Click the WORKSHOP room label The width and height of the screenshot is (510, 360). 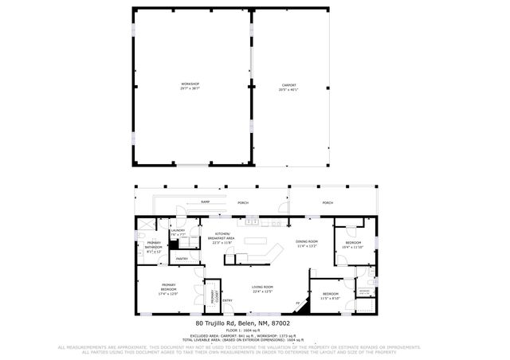pyautogui.click(x=190, y=84)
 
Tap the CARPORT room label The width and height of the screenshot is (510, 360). pyautogui.click(x=289, y=84)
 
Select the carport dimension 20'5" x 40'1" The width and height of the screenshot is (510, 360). pyautogui.click(x=289, y=89)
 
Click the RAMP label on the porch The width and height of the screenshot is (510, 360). pyautogui.click(x=205, y=203)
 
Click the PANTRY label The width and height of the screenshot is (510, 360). pyautogui.click(x=181, y=258)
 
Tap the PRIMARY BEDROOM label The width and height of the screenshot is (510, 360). pyautogui.click(x=168, y=286)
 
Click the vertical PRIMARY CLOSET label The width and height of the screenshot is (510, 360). pyautogui.click(x=213, y=295)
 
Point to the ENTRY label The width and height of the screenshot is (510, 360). pyautogui.click(x=228, y=300)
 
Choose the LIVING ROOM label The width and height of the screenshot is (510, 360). pyautogui.click(x=262, y=287)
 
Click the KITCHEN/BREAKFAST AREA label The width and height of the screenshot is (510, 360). pyautogui.click(x=221, y=236)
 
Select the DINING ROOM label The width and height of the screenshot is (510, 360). pyautogui.click(x=307, y=241)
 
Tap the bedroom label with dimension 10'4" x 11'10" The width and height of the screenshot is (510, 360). pyautogui.click(x=352, y=243)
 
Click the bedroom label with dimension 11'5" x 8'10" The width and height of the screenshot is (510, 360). pyautogui.click(x=330, y=294)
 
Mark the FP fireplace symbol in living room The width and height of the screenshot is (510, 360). pyautogui.click(x=298, y=303)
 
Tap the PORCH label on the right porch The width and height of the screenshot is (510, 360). pyautogui.click(x=328, y=203)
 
